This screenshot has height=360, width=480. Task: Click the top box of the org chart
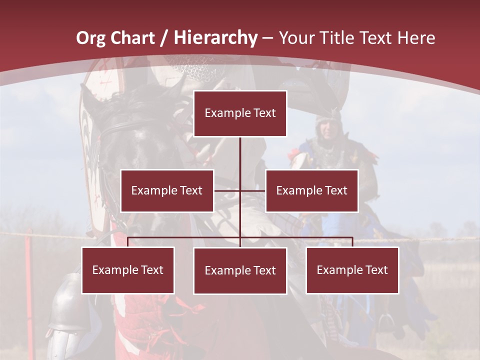tap(240, 113)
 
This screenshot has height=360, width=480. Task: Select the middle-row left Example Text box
tap(167, 190)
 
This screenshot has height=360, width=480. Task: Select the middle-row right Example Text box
tap(311, 190)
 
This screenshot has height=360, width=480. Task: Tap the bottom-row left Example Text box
tap(128, 270)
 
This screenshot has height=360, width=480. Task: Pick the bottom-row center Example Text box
tap(240, 270)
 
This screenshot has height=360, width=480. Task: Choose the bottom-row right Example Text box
tap(352, 270)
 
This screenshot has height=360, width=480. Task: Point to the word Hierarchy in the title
tap(215, 38)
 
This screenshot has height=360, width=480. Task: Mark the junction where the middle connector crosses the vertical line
tap(240, 190)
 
